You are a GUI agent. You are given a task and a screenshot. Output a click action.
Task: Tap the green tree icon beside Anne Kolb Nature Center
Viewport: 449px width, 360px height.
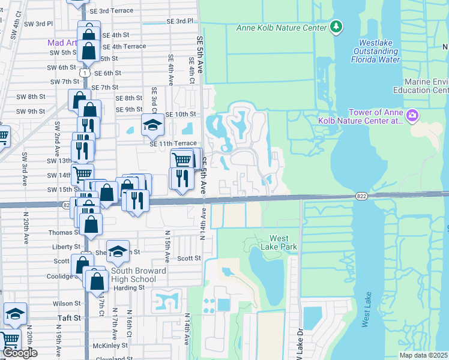point(336,26)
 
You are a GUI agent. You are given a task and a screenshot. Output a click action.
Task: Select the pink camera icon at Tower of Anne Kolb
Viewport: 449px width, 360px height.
point(412,115)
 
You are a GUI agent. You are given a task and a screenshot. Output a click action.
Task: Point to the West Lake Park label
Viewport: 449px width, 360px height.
point(283,242)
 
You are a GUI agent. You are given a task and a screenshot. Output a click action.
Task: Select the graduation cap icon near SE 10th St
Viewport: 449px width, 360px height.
point(152,125)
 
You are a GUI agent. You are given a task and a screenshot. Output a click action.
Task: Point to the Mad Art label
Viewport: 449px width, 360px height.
point(62,43)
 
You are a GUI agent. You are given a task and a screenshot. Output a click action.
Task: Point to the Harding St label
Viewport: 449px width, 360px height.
point(126,287)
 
